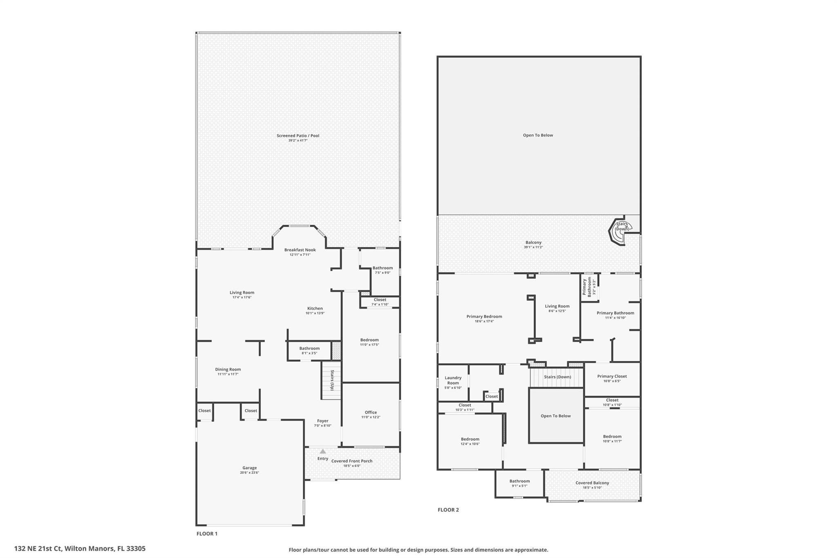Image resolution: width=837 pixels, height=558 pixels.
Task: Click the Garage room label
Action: pyautogui.click(x=249, y=468)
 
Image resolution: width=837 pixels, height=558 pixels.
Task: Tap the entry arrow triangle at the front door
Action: pyautogui.click(x=323, y=451)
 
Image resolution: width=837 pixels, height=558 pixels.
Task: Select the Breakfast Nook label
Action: pyautogui.click(x=300, y=250)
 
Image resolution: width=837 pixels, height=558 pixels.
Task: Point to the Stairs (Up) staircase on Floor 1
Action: pyautogui.click(x=331, y=380)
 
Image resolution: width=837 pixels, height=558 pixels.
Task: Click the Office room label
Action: pyautogui.click(x=371, y=412)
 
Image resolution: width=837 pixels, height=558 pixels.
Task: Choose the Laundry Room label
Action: pyautogui.click(x=453, y=380)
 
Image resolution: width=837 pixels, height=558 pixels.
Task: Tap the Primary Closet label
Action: pyautogui.click(x=612, y=376)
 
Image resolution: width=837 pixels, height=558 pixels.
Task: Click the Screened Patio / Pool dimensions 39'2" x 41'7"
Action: pyautogui.click(x=298, y=141)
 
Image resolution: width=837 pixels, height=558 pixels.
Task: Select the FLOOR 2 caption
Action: pyautogui.click(x=448, y=510)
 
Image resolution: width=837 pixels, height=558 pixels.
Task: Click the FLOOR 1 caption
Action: pyautogui.click(x=207, y=533)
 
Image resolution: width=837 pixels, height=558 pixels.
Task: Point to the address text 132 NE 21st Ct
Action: pyautogui.click(x=80, y=549)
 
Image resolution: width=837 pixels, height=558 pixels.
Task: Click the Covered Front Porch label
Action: pyautogui.click(x=351, y=461)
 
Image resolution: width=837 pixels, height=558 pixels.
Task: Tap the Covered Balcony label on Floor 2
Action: pyautogui.click(x=592, y=483)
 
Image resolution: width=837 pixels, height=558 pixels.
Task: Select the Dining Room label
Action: pyautogui.click(x=228, y=369)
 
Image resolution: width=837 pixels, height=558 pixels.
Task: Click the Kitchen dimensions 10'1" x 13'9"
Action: pyautogui.click(x=315, y=313)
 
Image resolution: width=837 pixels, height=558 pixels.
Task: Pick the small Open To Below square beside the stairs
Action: pyautogui.click(x=556, y=416)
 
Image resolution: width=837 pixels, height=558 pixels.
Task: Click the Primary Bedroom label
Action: pyautogui.click(x=484, y=316)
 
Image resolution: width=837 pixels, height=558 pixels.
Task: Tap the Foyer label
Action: pyautogui.click(x=322, y=421)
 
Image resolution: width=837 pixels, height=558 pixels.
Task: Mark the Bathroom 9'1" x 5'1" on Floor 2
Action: pyautogui.click(x=519, y=483)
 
